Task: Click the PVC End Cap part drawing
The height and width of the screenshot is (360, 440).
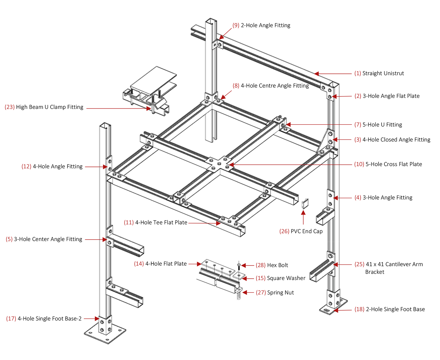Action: tap(305, 204)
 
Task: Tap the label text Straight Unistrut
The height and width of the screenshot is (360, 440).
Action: tap(383, 73)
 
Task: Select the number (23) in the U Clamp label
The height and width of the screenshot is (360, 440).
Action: tap(10, 107)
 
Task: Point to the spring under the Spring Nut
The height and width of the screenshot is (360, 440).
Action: tap(239, 296)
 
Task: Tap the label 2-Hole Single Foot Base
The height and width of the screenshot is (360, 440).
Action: tap(395, 309)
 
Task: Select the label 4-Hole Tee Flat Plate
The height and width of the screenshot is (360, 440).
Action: tap(161, 223)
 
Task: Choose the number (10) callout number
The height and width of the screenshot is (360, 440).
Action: tap(359, 164)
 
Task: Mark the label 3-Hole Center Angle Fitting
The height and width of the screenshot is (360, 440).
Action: tap(48, 239)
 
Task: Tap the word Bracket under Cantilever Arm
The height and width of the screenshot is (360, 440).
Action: tap(375, 272)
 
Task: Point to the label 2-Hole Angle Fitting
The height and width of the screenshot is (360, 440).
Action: tap(265, 25)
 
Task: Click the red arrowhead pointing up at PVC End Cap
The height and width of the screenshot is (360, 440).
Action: tap(303, 213)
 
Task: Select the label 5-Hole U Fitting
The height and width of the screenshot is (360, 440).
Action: tap(382, 125)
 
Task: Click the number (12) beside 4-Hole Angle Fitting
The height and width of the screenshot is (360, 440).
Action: tap(26, 167)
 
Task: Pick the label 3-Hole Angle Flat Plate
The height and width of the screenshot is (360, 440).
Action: tap(391, 96)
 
